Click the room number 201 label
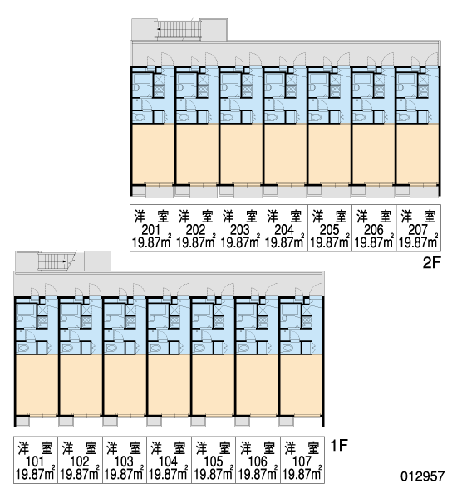tap(151, 229)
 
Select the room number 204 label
tap(284, 229)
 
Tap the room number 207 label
tap(418, 229)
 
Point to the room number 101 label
tap(35, 461)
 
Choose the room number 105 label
tap(213, 461)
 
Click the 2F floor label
tap(432, 263)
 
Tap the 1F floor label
tap(339, 445)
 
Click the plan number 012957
tap(422, 476)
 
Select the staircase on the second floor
tap(178, 30)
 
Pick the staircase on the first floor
tap(54, 261)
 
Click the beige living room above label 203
tap(240, 154)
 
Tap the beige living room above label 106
tap(256, 384)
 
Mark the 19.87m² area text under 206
tap(374, 242)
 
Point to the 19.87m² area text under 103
tap(124, 475)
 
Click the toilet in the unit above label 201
tap(140, 118)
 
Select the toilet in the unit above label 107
tap(287, 349)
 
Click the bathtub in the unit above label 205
tap(318, 79)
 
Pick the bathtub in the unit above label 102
tap(70, 310)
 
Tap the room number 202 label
tap(196, 229)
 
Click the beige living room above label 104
tap(169, 384)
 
